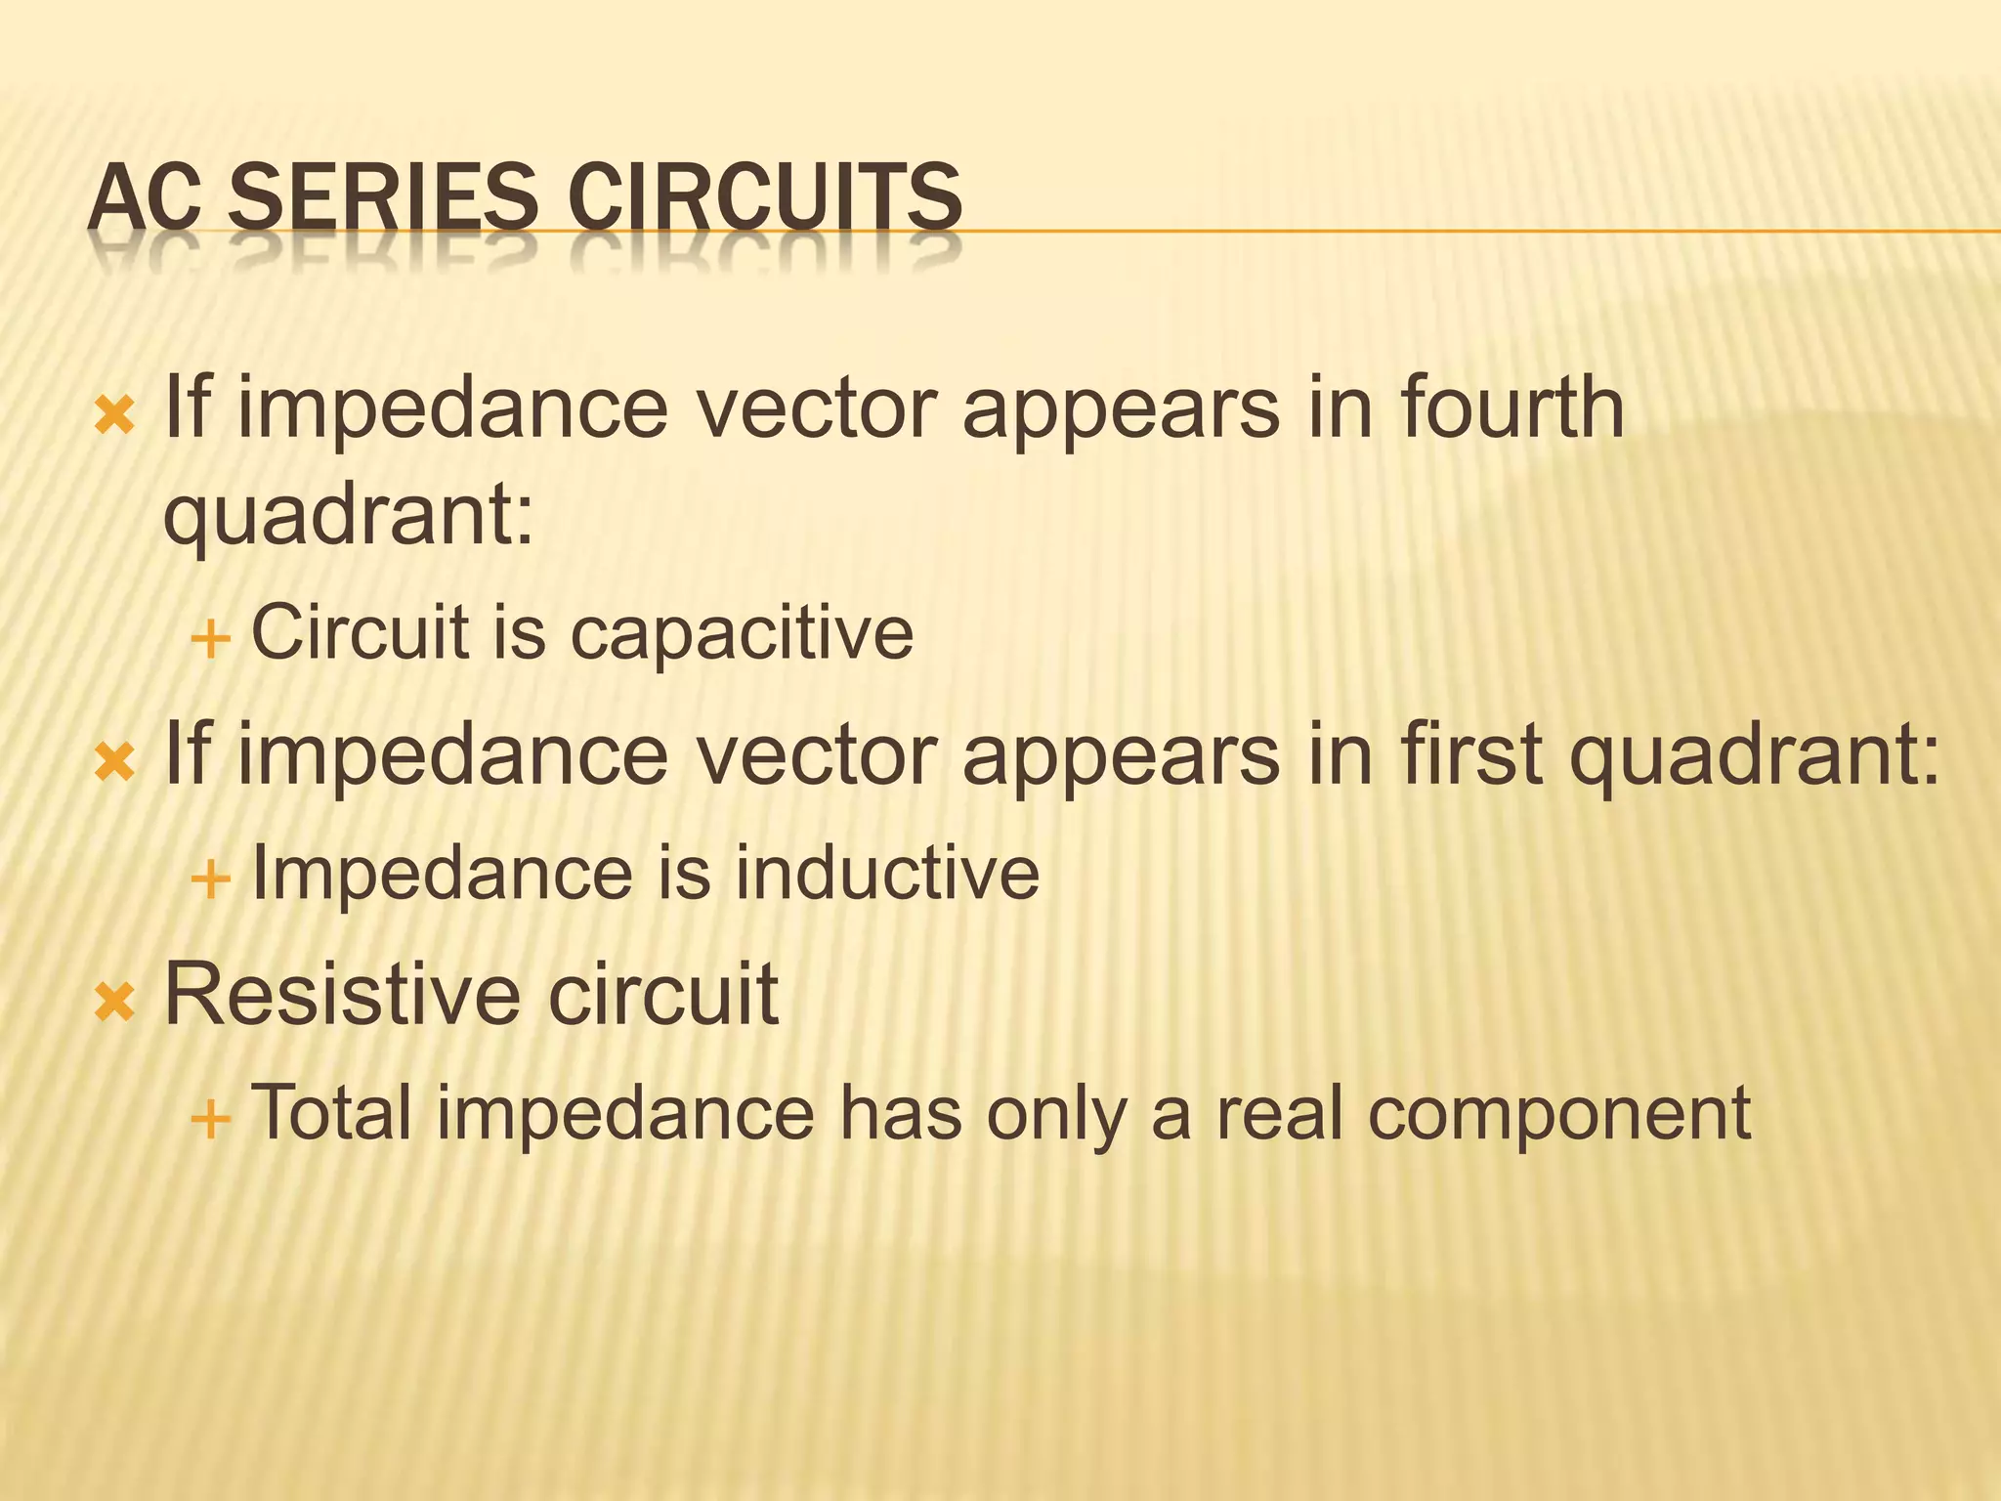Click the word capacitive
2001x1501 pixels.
click(742, 632)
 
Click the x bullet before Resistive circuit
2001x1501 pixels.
click(114, 1003)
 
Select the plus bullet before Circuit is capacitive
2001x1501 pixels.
click(211, 641)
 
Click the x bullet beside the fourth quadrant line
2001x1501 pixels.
click(114, 415)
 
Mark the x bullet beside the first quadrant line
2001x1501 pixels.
click(114, 762)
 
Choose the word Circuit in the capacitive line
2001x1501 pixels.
click(361, 632)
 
